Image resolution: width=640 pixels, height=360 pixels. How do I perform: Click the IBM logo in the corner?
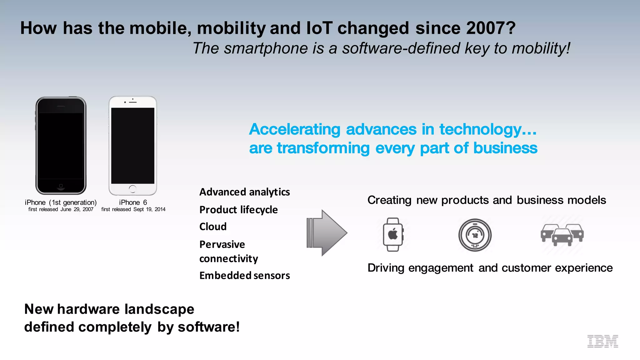(602, 341)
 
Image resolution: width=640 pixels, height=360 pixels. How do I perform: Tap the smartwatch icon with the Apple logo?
(393, 234)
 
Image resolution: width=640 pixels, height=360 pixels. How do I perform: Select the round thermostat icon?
(475, 235)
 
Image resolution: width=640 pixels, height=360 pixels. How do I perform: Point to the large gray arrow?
(327, 233)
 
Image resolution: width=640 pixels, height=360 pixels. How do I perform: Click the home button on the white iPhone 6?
(132, 188)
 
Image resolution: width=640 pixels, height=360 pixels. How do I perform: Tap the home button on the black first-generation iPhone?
(61, 186)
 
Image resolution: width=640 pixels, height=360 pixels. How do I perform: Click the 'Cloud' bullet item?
(213, 227)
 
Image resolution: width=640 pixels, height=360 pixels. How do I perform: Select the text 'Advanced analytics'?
(244, 192)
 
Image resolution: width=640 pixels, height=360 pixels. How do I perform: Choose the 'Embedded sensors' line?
(244, 276)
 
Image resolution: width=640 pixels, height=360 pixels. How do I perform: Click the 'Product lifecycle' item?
(238, 210)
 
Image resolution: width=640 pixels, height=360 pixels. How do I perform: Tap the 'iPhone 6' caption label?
(133, 202)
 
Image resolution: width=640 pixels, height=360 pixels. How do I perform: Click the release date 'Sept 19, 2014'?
(149, 209)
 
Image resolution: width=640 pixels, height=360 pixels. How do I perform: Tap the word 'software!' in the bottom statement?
(208, 327)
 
